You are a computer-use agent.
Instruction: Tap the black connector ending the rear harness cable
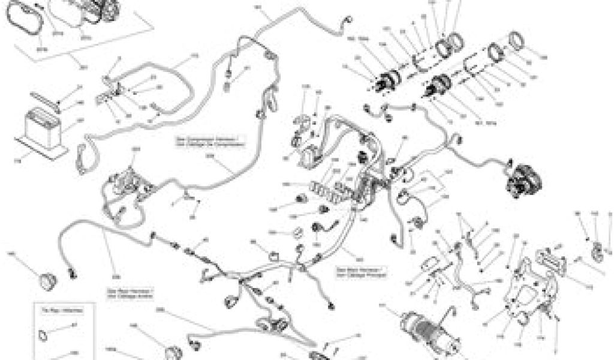[x=73, y=273]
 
